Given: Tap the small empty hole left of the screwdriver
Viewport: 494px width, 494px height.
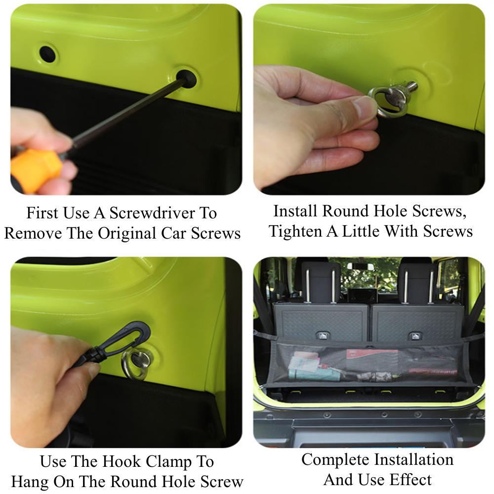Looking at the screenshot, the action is pos(47,54).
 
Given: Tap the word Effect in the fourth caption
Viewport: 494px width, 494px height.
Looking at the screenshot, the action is pos(411,480).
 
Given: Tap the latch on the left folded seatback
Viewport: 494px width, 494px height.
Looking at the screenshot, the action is pos(322,336).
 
